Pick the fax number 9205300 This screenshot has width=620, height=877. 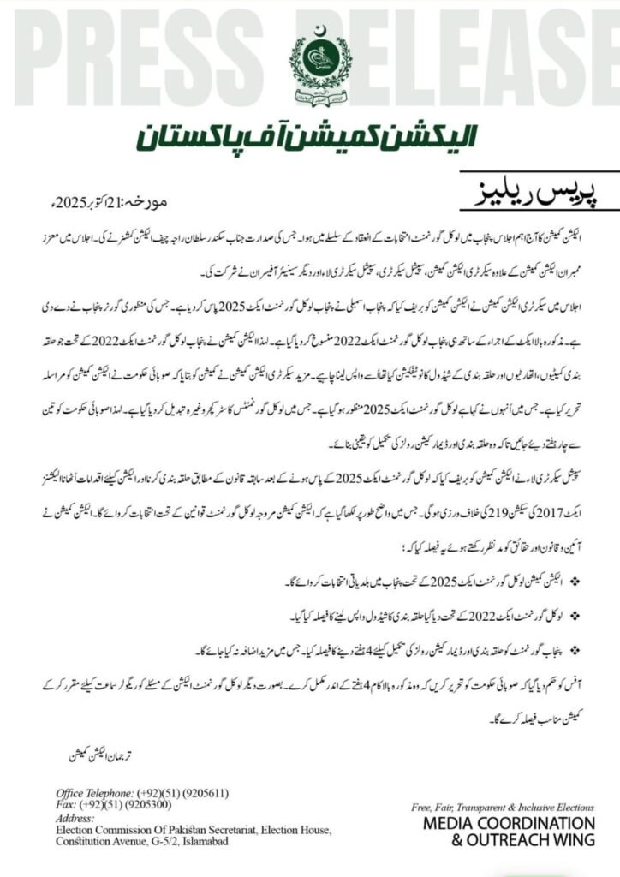pos(151,806)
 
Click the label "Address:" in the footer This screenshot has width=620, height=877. pos(75,818)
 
